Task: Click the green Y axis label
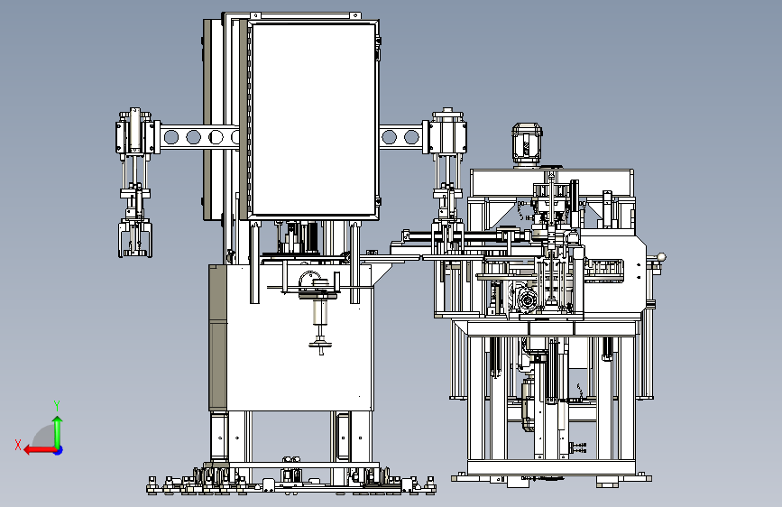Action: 57,406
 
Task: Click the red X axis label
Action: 18,445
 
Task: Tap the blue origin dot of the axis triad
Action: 59,450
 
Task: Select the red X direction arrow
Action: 40,450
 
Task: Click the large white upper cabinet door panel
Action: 313,119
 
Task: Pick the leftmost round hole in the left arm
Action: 170,137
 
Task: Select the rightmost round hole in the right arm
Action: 411,137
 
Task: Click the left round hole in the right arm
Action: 389,137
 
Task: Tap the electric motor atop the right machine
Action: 527,144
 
